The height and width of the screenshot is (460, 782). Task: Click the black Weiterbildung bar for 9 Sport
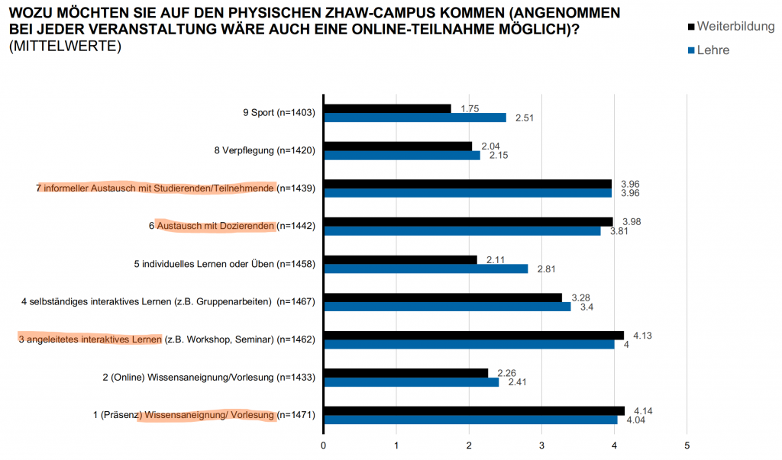387,108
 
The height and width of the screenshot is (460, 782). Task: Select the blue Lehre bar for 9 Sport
415,117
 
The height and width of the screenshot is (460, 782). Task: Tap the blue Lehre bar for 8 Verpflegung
402,155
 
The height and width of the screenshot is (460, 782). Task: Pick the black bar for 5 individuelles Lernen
400,259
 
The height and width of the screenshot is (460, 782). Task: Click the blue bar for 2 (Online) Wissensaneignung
411,382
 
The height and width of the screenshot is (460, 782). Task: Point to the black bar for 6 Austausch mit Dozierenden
468,221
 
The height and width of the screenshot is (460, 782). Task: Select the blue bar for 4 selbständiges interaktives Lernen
447,307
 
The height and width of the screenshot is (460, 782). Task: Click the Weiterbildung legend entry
730,27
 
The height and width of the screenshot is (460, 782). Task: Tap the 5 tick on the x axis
687,444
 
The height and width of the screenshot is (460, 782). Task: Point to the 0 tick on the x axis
324,444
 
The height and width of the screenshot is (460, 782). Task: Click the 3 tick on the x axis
541,444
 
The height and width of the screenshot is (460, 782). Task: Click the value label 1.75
470,108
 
